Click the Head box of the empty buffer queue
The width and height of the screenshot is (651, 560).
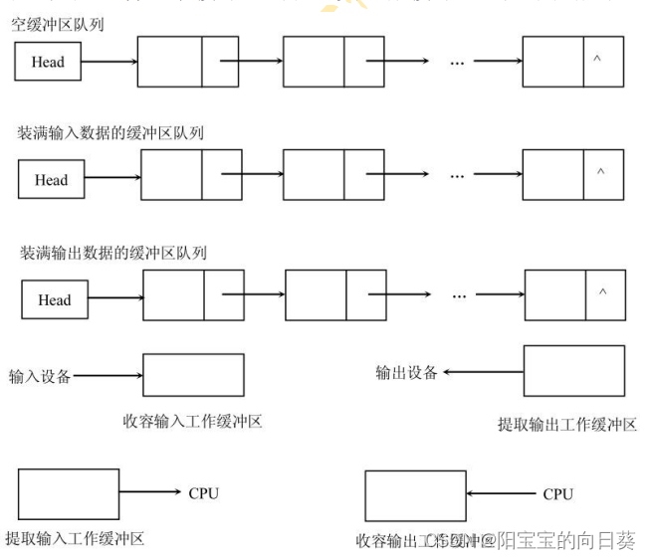[x=47, y=62]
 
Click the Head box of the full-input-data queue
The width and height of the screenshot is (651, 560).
[x=51, y=180]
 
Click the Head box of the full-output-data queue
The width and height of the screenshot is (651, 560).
[x=54, y=299]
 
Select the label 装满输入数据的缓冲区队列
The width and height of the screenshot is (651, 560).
[x=109, y=133]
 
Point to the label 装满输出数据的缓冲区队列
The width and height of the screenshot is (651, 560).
[x=111, y=253]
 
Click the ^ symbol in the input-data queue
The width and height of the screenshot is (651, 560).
[x=599, y=172]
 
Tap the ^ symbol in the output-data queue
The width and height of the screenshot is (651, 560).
[x=602, y=292]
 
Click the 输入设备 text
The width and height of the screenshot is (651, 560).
[x=40, y=377]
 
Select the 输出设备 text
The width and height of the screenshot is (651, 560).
[x=406, y=372]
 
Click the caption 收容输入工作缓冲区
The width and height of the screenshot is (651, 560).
[x=192, y=421]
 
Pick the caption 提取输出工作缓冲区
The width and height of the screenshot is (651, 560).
[x=566, y=425]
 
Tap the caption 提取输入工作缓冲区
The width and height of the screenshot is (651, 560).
[x=75, y=539]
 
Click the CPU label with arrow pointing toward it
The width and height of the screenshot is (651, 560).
[x=203, y=493]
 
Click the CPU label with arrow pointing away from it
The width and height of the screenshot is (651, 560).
[x=557, y=493]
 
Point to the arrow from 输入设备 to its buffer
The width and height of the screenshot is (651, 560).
[x=108, y=377]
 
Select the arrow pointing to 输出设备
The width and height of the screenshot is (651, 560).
[x=482, y=372]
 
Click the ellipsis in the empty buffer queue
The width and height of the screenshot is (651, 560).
[x=457, y=62]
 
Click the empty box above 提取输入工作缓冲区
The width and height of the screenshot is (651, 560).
[x=68, y=494]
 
